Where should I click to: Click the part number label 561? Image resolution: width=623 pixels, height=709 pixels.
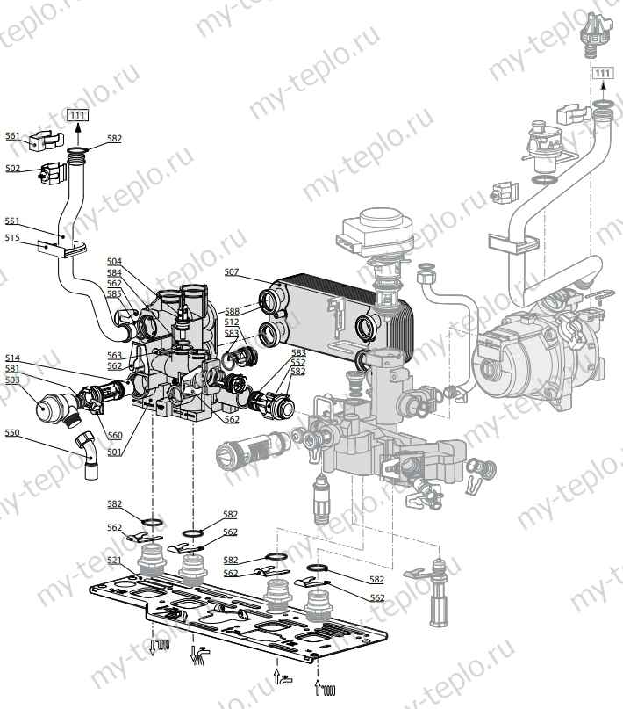tap(12, 136)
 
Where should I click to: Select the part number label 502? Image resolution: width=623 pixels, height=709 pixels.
tap(12, 168)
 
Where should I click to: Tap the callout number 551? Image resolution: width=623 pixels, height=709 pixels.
tap(12, 221)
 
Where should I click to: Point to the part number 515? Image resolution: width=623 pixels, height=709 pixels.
tap(12, 237)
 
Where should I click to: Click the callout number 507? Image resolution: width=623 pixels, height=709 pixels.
tap(232, 271)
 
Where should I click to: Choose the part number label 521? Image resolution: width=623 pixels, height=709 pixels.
tap(115, 560)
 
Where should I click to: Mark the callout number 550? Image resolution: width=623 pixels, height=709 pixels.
tap(12, 432)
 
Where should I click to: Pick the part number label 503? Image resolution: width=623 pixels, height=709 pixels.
tap(12, 380)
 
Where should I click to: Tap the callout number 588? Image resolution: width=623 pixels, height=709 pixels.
tap(232, 311)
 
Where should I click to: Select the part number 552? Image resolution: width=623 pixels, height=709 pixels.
tap(298, 361)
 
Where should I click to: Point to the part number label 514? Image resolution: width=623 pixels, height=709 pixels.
tap(12, 358)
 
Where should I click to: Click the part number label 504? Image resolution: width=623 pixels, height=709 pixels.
tap(115, 262)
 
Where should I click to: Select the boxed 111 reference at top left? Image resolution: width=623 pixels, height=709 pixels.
tap(78, 115)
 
